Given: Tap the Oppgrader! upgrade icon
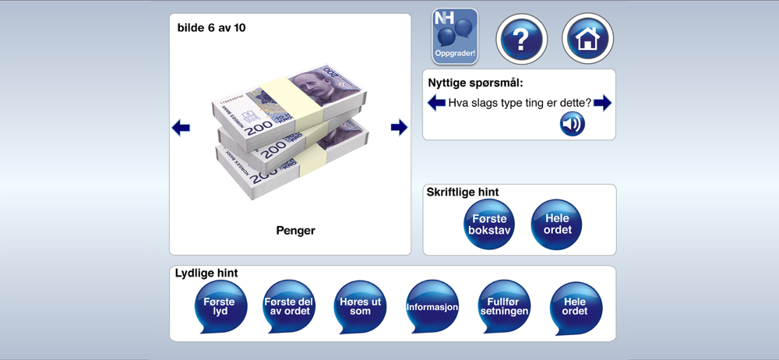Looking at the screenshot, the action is point(455,37).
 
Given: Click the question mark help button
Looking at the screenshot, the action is point(521,39).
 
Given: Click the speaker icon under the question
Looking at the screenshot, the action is point(573,124).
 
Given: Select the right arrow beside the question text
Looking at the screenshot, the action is point(602,103).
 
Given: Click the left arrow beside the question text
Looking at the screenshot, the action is point(437,103).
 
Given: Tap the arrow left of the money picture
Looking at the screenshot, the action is point(181,128).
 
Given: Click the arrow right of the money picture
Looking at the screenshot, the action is point(399,127).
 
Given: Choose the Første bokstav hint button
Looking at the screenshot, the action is point(489,224).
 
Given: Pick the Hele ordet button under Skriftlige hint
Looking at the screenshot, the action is point(556,224).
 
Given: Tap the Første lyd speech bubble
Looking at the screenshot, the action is point(220,306).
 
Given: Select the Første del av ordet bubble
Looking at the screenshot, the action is point(289,306).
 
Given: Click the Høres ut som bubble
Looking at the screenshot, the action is point(360,306).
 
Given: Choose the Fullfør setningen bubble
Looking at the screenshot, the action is point(504,306).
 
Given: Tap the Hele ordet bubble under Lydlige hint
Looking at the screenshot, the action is point(576,306).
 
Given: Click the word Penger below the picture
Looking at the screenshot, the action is point(295,231).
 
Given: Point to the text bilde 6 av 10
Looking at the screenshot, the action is point(212,28).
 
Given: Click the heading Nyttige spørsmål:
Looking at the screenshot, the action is point(475,83).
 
